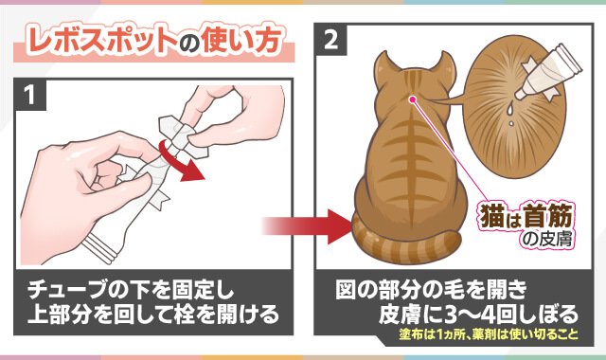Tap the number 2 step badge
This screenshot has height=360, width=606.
332,40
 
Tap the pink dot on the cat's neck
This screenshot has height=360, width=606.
414,99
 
